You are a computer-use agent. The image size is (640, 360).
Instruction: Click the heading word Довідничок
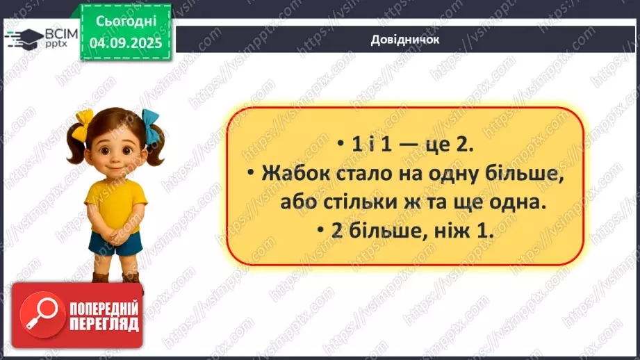pos(406,40)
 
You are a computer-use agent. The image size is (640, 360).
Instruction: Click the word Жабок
pos(293,175)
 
